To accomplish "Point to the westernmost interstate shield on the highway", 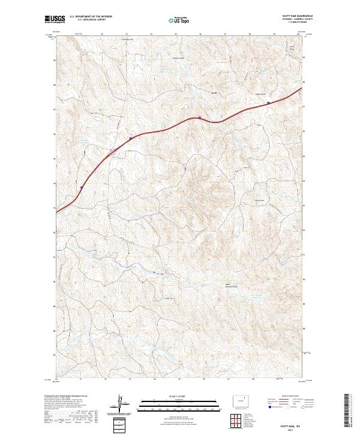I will point(79,187).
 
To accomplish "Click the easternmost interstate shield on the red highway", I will point(268,103).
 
